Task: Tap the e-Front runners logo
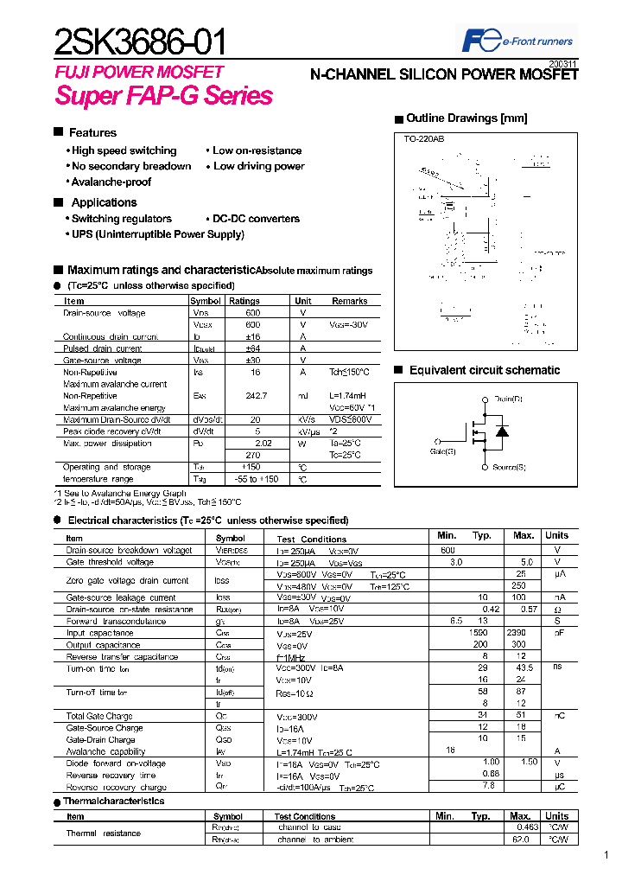click(517, 41)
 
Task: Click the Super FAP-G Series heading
click(163, 95)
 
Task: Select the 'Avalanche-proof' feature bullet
click(111, 182)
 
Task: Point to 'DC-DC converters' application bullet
click(256, 219)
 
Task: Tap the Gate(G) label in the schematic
click(442, 451)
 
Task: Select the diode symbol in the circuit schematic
click(504, 431)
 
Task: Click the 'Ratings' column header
click(244, 301)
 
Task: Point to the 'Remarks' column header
click(349, 301)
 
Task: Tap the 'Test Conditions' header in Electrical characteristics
click(311, 539)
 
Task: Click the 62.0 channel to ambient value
click(520, 840)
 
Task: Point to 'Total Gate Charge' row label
click(100, 717)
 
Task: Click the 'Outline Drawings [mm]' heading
click(466, 118)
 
